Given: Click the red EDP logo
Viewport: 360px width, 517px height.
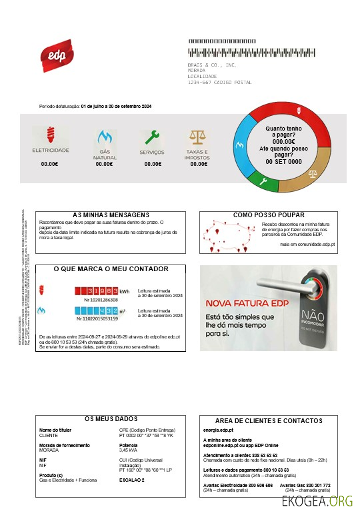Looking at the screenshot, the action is click(x=57, y=54).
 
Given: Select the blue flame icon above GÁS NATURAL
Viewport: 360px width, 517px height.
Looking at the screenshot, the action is click(x=104, y=137).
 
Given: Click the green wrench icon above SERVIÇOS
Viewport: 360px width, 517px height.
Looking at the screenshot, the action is click(x=153, y=137).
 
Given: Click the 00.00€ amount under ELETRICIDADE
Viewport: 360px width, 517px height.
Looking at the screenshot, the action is click(x=50, y=163).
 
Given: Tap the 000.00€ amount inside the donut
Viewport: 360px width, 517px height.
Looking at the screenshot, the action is click(x=284, y=141).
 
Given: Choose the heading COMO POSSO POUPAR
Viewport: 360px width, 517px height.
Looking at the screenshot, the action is click(x=270, y=215).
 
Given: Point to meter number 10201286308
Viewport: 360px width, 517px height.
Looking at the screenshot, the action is click(x=101, y=300).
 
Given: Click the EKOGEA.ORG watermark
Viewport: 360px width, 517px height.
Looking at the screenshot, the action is click(x=317, y=501).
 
